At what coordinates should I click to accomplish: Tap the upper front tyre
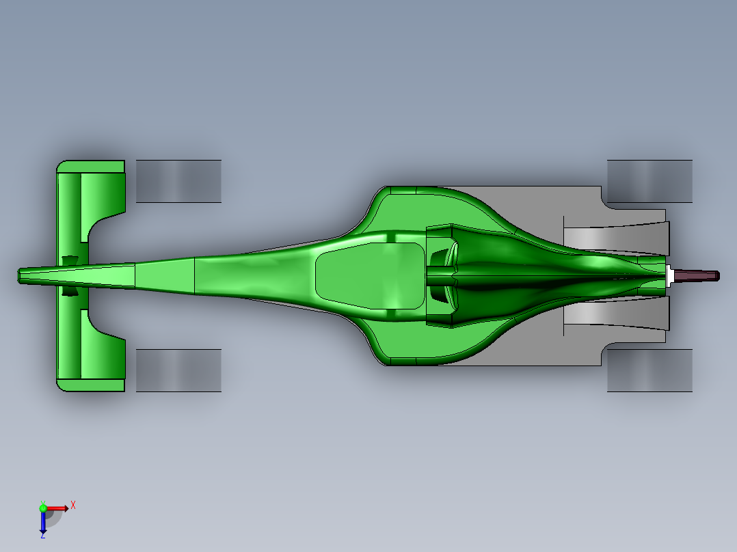[178, 181]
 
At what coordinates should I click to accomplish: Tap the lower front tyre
[178, 370]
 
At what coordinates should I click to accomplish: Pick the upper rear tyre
[649, 181]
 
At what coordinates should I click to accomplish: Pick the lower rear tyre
[649, 371]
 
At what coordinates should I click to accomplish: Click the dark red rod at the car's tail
[697, 275]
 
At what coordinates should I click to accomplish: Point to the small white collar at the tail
[670, 275]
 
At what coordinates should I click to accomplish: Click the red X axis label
[73, 505]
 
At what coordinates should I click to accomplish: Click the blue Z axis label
[42, 535]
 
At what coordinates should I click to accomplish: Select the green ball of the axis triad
[43, 508]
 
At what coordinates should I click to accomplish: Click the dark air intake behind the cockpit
[440, 275]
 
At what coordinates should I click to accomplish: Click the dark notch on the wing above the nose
[70, 260]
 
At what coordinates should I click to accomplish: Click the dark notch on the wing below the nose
[70, 291]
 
